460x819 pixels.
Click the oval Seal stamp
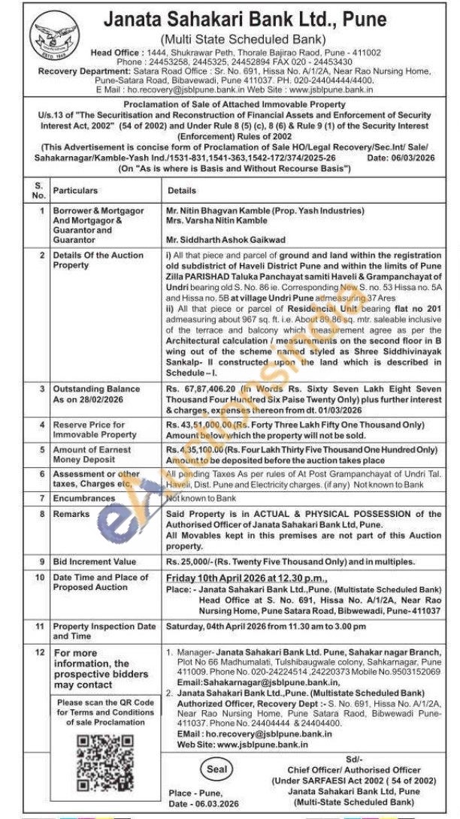[217, 769]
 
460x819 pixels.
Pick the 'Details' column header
[182, 191]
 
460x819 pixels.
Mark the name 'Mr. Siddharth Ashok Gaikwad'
[225, 240]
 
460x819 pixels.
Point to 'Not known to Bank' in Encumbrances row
[201, 497]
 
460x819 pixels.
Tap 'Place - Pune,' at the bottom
[190, 793]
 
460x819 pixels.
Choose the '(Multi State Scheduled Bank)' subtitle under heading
[242, 39]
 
